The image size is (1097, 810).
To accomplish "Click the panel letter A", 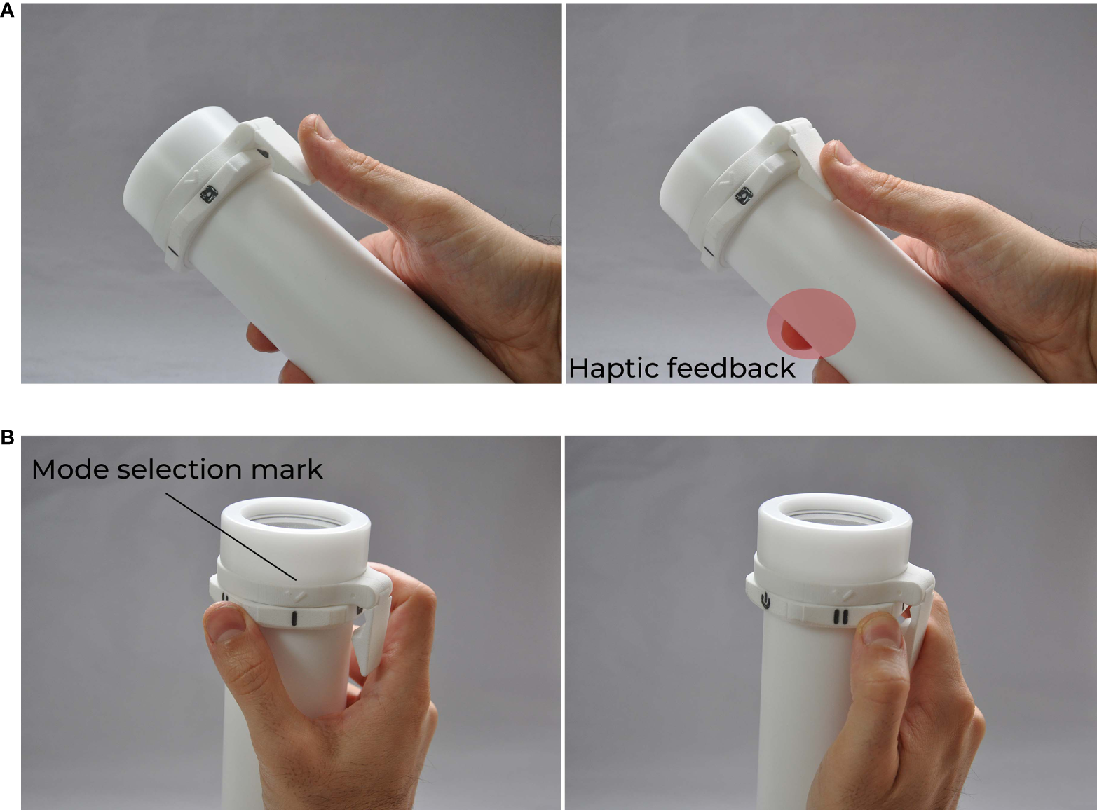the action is (x=7, y=10).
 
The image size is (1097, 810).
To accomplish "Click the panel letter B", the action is (x=7, y=437).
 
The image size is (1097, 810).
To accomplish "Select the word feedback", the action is (x=730, y=368).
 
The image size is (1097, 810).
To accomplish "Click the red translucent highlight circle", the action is (x=811, y=324).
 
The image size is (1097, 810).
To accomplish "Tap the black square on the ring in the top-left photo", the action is (x=207, y=193).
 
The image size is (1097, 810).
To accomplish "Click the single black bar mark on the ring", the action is (x=293, y=619).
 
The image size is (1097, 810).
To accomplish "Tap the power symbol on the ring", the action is (x=765, y=601).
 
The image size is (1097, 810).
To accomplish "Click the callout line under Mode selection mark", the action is (x=231, y=537).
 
